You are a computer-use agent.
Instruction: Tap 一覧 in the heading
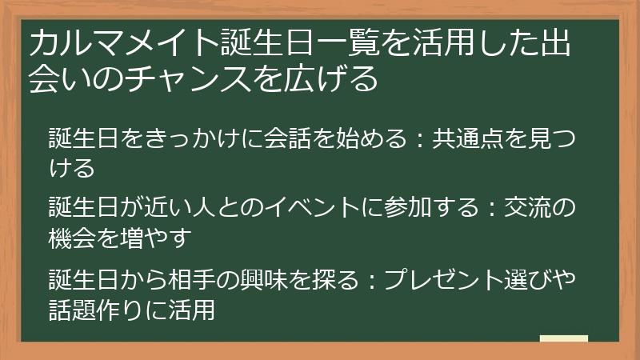click(306, 42)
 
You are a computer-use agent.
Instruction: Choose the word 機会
click(74, 238)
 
